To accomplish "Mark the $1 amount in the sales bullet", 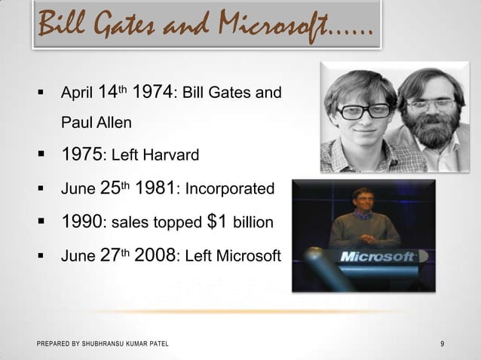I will [x=217, y=222].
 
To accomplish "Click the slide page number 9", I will [x=442, y=345].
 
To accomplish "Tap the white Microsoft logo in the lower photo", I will [x=377, y=256].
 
